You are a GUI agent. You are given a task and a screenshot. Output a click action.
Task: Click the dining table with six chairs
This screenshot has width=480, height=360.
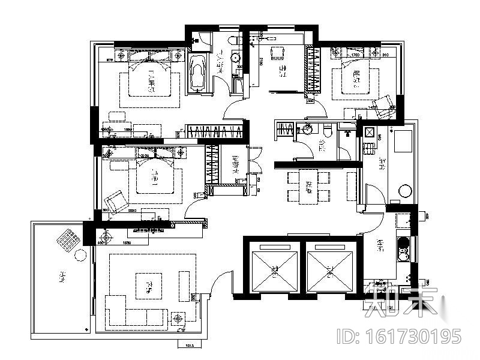pyautogui.click(x=308, y=185)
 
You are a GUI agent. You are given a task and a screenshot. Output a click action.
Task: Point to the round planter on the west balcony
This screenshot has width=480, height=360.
pyautogui.click(x=80, y=255)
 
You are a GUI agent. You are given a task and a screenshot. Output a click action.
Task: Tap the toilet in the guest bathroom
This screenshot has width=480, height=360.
pyautogui.click(x=328, y=131)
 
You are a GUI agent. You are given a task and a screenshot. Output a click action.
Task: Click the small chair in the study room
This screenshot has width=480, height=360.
pyautogui.click(x=277, y=53)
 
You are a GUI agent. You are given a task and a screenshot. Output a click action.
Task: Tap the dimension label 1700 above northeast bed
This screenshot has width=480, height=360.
pyautogui.click(x=355, y=55)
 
